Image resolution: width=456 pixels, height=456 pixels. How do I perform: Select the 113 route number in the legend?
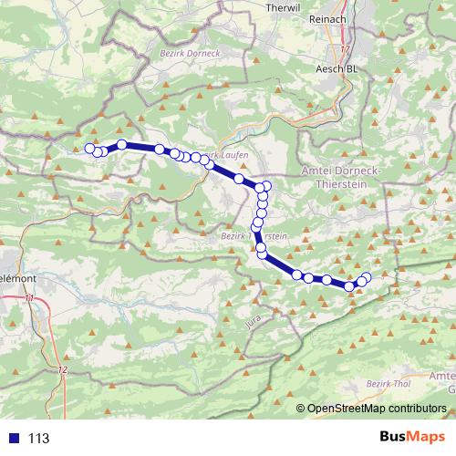[38, 438]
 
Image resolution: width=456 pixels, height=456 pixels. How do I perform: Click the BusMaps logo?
[409, 437]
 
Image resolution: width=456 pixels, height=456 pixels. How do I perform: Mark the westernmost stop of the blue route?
[89, 149]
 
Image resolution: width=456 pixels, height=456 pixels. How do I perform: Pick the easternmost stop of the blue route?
[368, 276]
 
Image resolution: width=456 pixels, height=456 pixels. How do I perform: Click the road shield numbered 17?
[345, 48]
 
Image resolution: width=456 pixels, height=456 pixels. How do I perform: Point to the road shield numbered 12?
[62, 369]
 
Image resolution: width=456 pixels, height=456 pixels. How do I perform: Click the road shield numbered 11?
[31, 298]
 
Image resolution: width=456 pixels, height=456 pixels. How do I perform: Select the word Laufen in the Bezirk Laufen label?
[234, 156]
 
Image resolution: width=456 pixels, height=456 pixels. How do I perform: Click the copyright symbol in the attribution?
[301, 409]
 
